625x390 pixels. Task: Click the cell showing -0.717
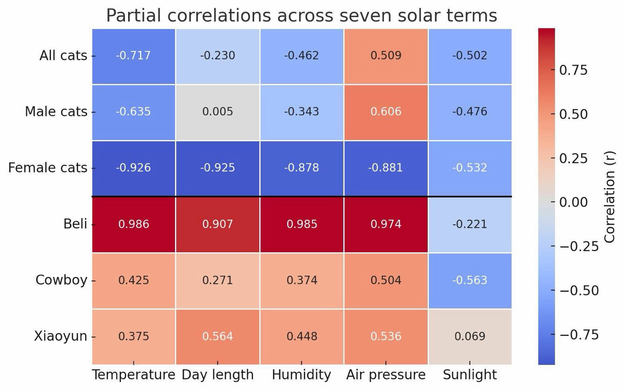coord(133,56)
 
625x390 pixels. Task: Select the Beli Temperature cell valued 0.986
coord(133,224)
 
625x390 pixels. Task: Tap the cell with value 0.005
coord(218,112)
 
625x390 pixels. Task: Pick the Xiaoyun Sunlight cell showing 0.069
coord(470,337)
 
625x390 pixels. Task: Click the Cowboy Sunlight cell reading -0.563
coord(470,280)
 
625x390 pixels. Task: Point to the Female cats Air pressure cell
coord(385,168)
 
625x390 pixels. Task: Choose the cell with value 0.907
coord(218,224)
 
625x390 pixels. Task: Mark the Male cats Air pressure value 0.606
coord(385,112)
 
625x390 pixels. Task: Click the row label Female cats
coord(48,168)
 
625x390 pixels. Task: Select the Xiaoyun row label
coord(61,336)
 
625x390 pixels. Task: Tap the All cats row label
coord(63,55)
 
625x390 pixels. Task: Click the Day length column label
coord(218,375)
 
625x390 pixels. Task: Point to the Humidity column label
coord(302,375)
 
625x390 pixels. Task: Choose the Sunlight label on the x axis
coord(470,375)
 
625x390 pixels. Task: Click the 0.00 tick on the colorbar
coord(573,202)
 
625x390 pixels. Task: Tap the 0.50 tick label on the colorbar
coord(573,114)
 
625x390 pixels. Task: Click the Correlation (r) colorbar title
coord(610,197)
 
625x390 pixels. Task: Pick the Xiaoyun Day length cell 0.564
coord(218,337)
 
